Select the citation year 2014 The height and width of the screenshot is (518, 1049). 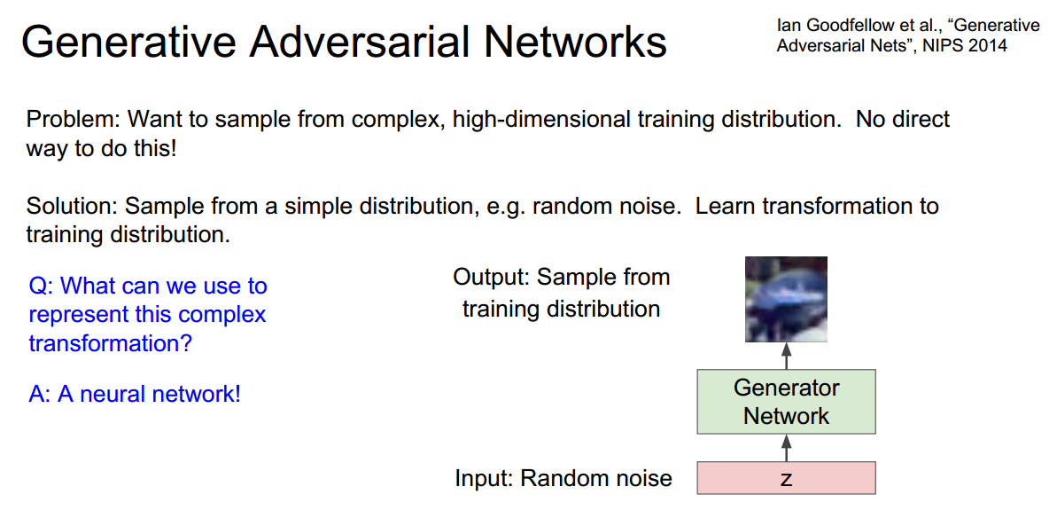coord(987,45)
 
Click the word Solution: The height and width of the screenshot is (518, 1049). coord(72,207)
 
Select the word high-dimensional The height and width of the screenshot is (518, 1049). coord(541,119)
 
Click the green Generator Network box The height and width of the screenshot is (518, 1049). coord(786,402)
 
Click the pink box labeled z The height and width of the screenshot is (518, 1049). coord(786,478)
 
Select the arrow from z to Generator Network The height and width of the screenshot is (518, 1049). coord(786,447)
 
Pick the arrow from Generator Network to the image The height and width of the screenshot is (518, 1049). coord(786,357)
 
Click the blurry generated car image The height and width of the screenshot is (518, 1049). coord(786,300)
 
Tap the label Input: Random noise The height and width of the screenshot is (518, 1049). coord(563,479)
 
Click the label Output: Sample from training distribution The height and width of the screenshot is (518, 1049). coord(561,293)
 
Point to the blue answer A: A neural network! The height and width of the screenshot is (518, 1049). coord(135,394)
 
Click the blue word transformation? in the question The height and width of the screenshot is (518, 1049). coord(110,342)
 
